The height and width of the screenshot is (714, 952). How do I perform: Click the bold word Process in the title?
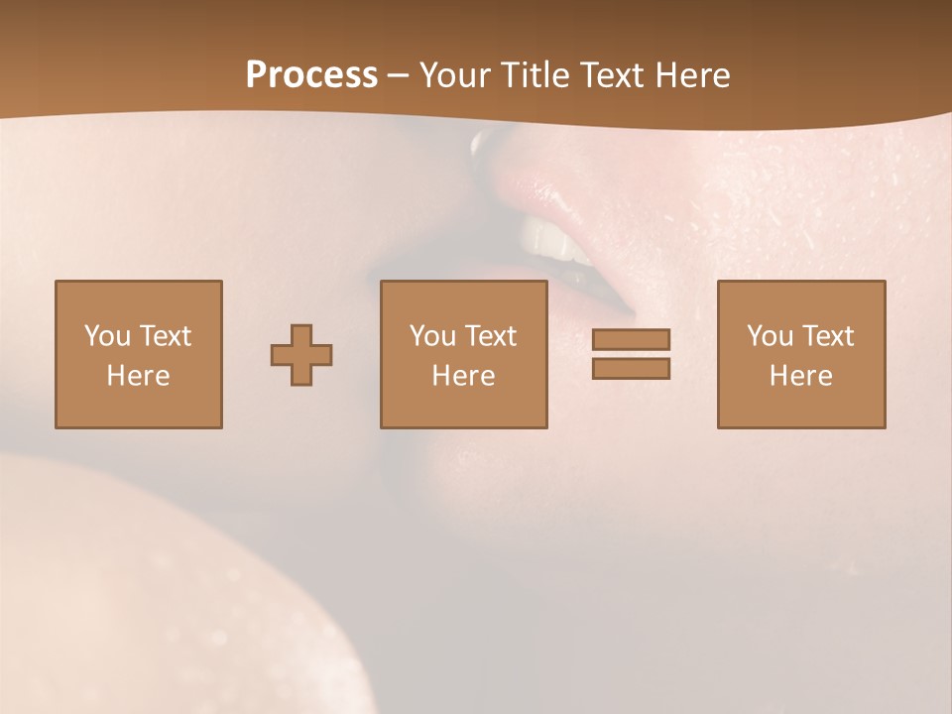tap(311, 75)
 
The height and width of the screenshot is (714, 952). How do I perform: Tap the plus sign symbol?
tap(301, 354)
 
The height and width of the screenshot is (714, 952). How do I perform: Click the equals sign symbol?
tap(631, 354)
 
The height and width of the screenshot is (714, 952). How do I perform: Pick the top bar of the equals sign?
tap(631, 339)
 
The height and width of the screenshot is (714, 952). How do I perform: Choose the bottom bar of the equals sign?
tap(631, 369)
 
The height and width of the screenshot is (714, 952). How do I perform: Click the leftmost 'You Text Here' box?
tap(139, 354)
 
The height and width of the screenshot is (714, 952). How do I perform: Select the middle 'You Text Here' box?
tap(463, 354)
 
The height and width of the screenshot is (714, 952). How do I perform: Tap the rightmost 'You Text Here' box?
tap(801, 354)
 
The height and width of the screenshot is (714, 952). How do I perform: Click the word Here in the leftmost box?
tap(139, 376)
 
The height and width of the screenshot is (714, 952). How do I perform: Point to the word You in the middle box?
tap(432, 336)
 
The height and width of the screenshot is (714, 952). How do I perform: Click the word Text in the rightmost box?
tap(827, 336)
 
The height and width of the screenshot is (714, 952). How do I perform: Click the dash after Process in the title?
tap(398, 76)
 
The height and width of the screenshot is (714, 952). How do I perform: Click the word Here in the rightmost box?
tap(801, 376)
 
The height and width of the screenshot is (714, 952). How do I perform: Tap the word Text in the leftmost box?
tap(165, 336)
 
